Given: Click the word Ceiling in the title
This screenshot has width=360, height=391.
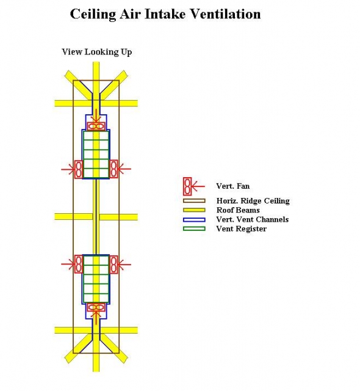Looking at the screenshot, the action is tap(93, 14).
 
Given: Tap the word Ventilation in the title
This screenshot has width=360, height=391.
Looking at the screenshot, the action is tap(226, 14).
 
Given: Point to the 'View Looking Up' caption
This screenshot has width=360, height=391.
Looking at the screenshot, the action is tap(97, 52).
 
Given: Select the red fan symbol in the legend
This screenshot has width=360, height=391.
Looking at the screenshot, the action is tap(187, 186).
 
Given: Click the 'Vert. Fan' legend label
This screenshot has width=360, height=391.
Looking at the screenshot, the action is tap(233, 186).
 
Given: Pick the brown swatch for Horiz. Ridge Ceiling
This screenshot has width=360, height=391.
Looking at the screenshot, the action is tap(194, 201).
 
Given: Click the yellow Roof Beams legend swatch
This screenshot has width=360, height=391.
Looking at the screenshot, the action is tap(194, 210).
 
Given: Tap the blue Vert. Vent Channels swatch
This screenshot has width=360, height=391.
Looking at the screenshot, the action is tap(194, 219).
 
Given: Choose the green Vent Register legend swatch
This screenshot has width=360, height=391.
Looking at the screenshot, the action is tap(194, 228).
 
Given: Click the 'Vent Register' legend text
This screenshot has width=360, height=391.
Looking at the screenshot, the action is tap(241, 228).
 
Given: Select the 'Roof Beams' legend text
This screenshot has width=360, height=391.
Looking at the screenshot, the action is tap(238, 210).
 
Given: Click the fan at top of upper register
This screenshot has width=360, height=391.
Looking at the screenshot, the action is tap(96, 126).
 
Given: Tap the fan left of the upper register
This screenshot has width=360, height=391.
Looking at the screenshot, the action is tap(79, 169).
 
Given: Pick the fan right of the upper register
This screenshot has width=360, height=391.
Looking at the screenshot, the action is tap(113, 169).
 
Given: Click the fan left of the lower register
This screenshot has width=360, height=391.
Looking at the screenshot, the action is tap(79, 265).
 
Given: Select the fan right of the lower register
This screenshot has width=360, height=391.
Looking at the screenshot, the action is tap(113, 265).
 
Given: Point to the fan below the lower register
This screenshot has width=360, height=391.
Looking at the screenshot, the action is tap(96, 307).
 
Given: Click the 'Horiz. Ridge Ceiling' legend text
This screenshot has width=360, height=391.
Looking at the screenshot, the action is tap(253, 201).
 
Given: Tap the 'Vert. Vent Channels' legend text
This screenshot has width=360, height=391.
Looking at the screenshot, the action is tap(253, 219).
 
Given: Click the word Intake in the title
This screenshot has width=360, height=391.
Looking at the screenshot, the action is tap(165, 14).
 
